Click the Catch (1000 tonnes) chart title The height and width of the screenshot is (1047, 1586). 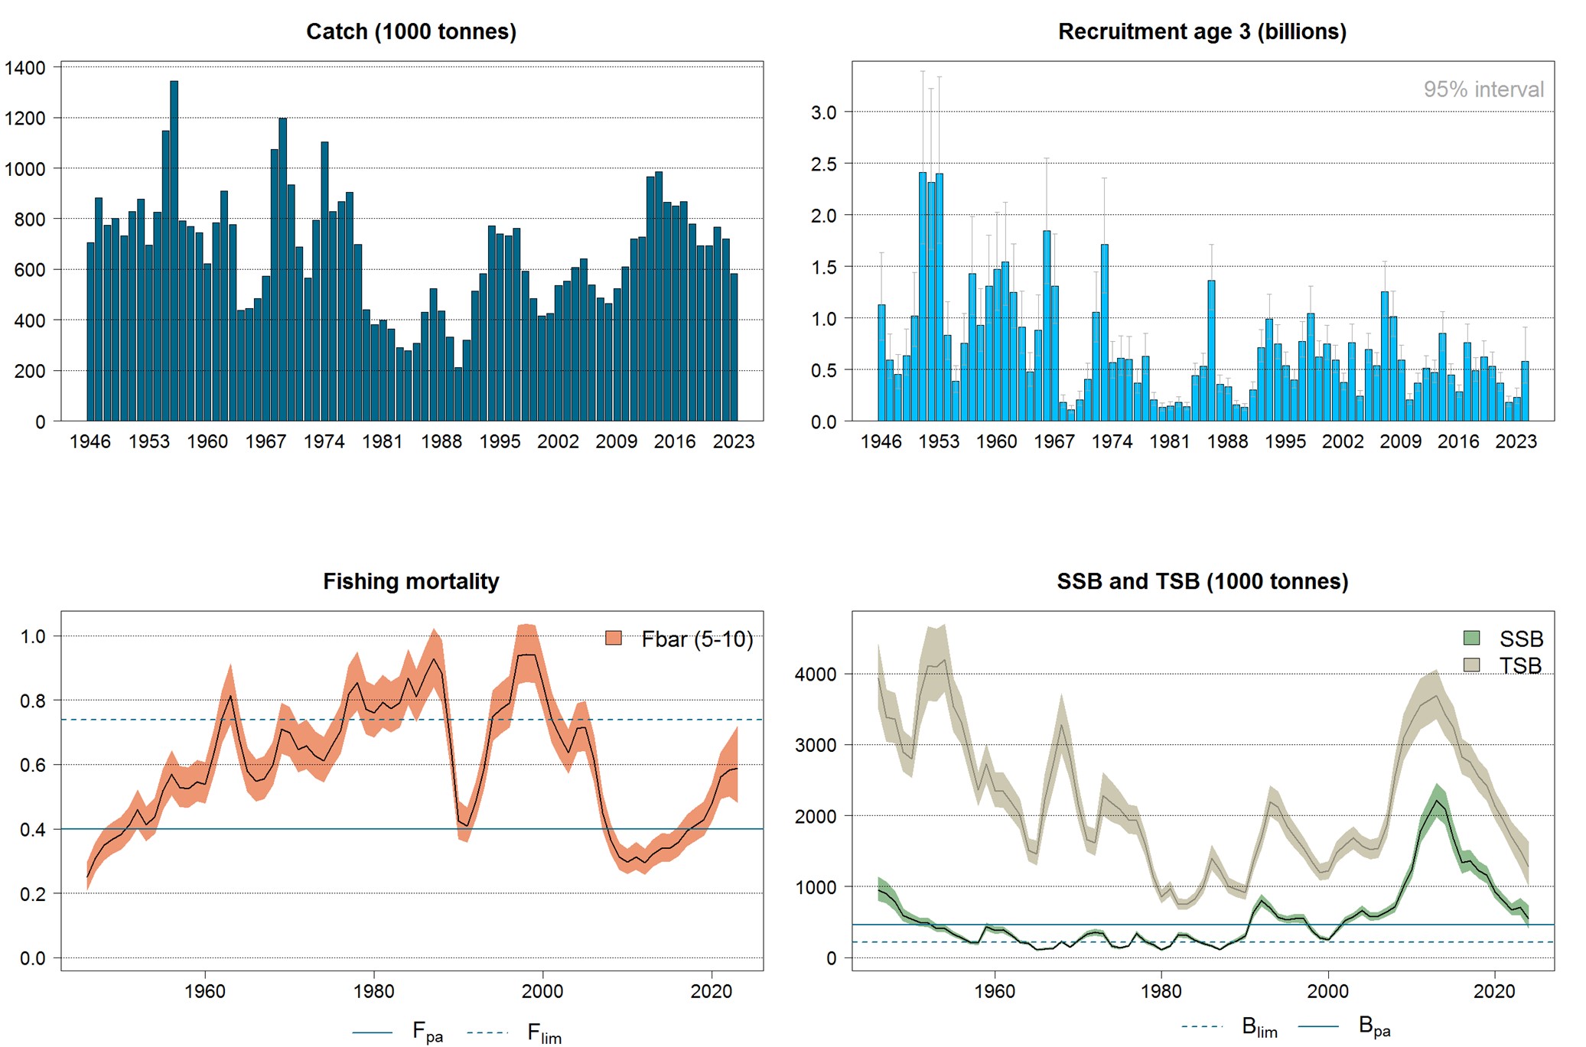tap(411, 31)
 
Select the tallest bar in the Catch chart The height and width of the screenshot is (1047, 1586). tap(174, 252)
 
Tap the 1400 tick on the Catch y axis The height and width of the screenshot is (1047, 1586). tap(25, 67)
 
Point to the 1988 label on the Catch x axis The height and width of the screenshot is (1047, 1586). tap(441, 441)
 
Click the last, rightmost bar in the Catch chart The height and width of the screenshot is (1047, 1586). tap(734, 348)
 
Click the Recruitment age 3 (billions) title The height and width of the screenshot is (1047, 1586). tap(1202, 31)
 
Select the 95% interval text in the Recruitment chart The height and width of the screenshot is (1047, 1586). tap(1483, 89)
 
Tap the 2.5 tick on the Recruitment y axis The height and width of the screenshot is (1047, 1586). tap(823, 164)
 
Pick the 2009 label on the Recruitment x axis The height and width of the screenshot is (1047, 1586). tap(1399, 441)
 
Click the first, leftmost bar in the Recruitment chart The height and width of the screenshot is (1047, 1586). tap(881, 363)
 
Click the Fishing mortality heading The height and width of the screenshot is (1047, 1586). tap(411, 581)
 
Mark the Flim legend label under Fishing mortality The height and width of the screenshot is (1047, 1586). tap(543, 1033)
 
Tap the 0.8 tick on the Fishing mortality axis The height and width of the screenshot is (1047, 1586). tap(33, 701)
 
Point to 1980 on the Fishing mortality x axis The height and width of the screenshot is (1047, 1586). tap(373, 991)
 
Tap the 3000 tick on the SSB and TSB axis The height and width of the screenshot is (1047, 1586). tap(816, 745)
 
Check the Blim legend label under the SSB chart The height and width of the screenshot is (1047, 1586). tap(1259, 1027)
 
